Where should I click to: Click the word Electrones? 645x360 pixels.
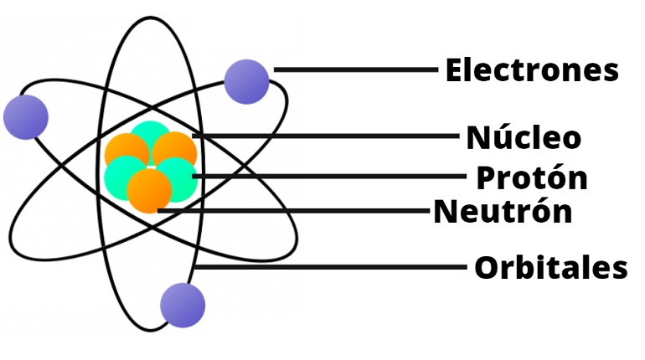point(531,70)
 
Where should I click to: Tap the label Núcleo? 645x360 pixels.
point(523,136)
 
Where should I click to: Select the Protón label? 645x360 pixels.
point(531,177)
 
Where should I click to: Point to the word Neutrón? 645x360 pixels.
point(503,212)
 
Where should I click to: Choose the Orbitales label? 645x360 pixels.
point(550,269)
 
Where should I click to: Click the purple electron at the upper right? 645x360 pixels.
point(247,81)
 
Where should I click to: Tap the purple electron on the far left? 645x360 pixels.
point(25,116)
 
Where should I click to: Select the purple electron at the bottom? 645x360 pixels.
point(183,304)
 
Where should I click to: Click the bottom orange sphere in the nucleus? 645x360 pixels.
point(149,191)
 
